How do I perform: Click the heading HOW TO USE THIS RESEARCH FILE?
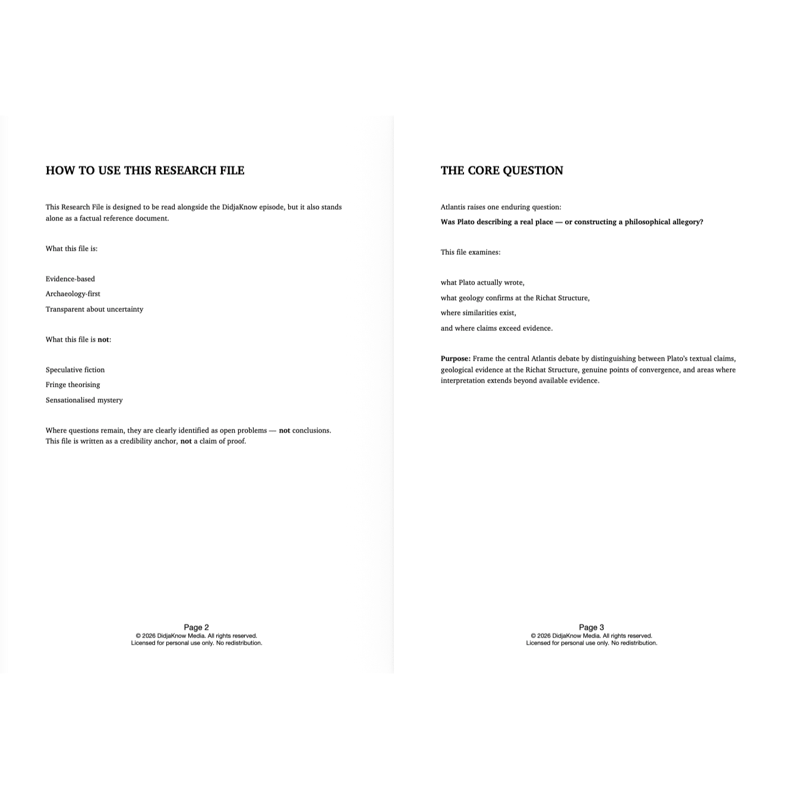(145, 171)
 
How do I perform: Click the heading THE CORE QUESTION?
(501, 171)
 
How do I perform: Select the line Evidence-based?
(70, 279)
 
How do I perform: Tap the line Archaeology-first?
(73, 294)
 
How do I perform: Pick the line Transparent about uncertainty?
(94, 309)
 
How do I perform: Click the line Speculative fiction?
(75, 370)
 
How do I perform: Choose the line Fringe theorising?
(72, 385)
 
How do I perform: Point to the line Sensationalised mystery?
(84, 400)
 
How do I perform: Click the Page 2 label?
(196, 627)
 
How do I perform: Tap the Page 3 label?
(591, 627)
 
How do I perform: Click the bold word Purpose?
(456, 358)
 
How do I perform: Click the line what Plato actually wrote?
(482, 283)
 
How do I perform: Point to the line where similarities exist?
(478, 313)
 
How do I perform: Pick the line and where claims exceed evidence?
(496, 328)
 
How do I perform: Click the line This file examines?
(471, 253)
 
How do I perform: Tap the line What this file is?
(71, 248)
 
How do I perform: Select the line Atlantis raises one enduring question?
(501, 207)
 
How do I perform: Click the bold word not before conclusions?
(285, 430)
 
